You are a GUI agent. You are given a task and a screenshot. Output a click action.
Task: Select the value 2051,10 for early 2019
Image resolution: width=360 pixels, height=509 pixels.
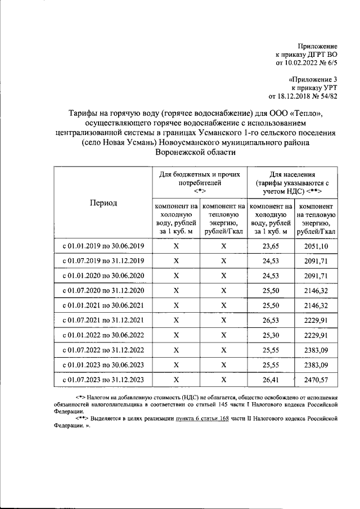coord(317,246)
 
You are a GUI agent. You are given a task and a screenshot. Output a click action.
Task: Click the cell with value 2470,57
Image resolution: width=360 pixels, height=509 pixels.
coord(317,381)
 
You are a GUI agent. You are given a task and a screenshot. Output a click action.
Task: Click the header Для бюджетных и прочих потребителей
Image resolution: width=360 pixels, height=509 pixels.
coord(200,179)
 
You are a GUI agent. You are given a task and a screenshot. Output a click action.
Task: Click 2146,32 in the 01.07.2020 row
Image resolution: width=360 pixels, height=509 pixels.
coord(317,290)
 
